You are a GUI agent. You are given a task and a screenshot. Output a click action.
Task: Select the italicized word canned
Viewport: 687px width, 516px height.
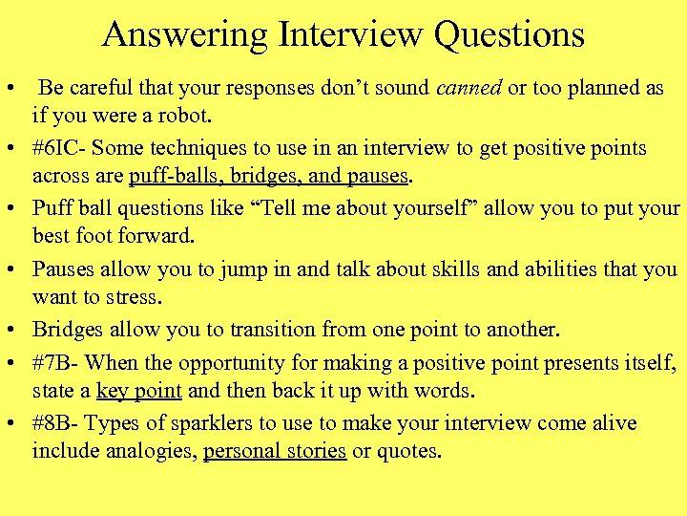(468, 88)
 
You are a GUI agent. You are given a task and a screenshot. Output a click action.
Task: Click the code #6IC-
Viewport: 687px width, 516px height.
(61, 148)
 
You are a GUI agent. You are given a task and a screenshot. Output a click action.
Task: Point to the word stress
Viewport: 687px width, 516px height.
(134, 297)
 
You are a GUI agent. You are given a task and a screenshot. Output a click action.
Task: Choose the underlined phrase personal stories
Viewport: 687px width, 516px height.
(275, 451)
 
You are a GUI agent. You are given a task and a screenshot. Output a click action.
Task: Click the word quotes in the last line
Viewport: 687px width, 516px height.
(409, 451)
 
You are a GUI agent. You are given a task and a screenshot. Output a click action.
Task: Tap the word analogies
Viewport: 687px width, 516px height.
(154, 451)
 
